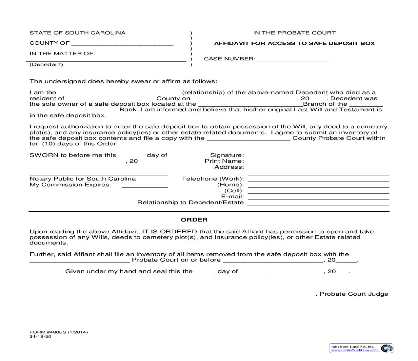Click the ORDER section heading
194,220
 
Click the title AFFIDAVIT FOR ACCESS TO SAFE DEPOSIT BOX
294,43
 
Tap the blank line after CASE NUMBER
293,59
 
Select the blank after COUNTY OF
122,43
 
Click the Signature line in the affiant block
318,156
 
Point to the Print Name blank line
318,161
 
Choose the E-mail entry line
318,197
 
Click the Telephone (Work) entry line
318,179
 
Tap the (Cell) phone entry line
318,191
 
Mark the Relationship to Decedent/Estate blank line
318,203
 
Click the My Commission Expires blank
145,185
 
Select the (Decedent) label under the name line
46,64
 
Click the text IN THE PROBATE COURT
294,33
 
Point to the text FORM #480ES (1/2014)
59,332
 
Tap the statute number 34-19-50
40,337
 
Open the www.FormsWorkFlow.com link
354,350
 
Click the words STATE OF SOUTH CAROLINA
77,33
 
